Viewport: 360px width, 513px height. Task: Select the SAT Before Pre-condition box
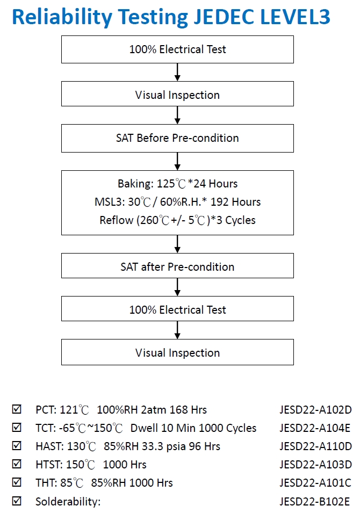coord(177,138)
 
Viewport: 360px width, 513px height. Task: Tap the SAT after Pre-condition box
coord(177,266)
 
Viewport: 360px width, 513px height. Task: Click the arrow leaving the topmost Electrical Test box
coord(177,72)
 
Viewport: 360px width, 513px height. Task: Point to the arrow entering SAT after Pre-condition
coord(177,244)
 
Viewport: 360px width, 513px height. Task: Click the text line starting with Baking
coord(178,184)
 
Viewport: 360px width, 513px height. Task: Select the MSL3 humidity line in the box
coord(178,202)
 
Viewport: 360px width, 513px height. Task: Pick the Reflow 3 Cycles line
coord(178,220)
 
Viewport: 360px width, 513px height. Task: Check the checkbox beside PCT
coord(17,409)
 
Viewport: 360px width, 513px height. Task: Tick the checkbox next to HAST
coord(17,446)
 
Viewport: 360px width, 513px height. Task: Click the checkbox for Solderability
coord(17,501)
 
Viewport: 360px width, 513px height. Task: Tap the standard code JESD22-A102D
coord(315,410)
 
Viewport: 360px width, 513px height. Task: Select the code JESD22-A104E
coord(315,428)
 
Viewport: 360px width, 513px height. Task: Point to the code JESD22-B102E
coord(314,501)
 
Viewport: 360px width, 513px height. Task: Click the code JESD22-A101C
coord(315,483)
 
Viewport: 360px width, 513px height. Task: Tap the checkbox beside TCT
coord(17,427)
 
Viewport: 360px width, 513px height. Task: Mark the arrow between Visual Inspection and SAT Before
coord(177,115)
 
